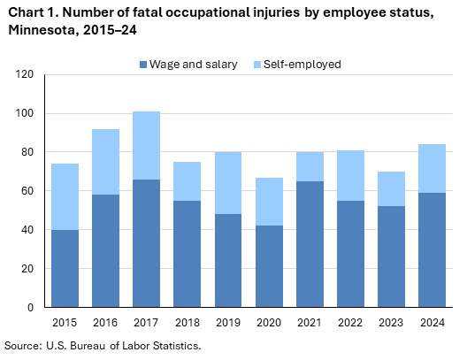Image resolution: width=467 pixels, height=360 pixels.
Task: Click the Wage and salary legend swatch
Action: coord(143,65)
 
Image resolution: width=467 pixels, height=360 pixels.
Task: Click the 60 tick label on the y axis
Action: coord(27,191)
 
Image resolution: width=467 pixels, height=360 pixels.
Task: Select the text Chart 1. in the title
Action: coord(29,11)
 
